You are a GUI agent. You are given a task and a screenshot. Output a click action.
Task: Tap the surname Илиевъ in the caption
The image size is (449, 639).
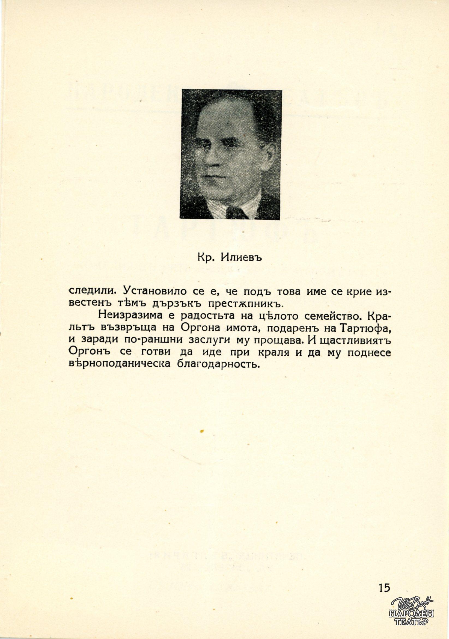[x=242, y=258]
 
